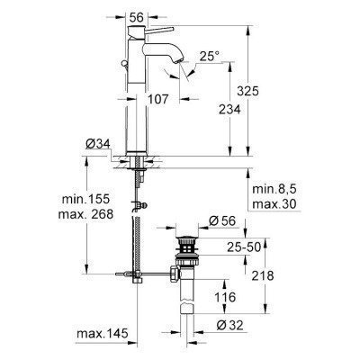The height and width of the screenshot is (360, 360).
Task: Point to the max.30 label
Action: [x=274, y=205]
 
